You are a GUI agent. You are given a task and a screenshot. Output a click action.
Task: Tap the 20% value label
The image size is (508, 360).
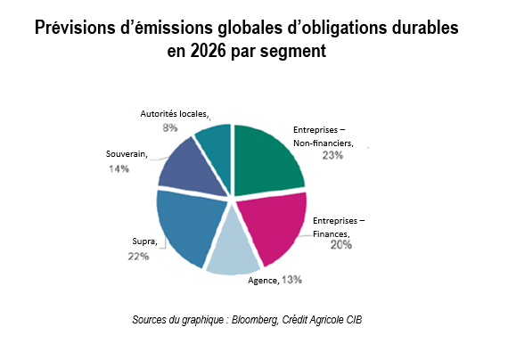point(340,245)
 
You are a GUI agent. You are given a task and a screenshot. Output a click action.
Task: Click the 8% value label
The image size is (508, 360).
point(168,128)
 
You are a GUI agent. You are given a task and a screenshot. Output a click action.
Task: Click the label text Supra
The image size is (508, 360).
point(144,241)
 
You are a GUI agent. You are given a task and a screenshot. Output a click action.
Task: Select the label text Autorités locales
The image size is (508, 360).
point(175,114)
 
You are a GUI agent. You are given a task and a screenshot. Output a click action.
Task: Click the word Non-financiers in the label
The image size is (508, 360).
point(324,143)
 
